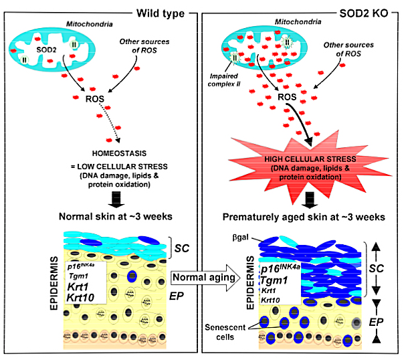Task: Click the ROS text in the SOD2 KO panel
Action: tap(287, 97)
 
